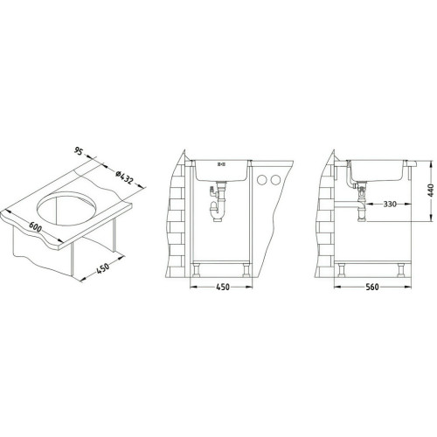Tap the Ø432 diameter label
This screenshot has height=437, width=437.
tap(125, 177)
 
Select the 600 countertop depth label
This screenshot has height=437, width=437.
tap(35, 227)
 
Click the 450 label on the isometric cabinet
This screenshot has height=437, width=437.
tap(102, 267)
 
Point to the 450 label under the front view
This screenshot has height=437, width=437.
tap(223, 287)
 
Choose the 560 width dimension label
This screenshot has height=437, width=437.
tap(372, 287)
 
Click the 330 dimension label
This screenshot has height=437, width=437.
tap(390, 205)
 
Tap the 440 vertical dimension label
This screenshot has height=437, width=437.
tap(431, 191)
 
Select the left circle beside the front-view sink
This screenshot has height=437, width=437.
tap(262, 180)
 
